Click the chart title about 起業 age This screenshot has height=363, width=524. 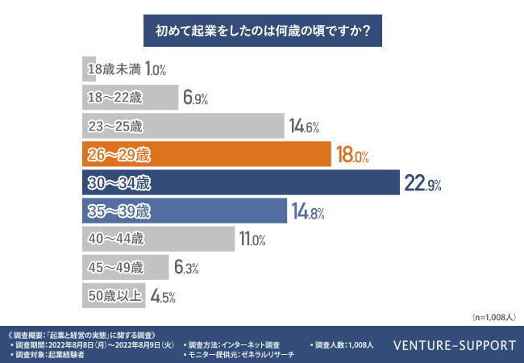(262, 33)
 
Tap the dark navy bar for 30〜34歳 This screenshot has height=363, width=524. (242, 183)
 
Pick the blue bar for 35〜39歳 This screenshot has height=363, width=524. (185, 212)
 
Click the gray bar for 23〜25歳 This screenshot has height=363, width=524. (185, 126)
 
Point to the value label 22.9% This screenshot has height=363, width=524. (422, 184)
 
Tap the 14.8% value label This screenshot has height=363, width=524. (306, 213)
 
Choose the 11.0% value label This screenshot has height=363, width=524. (255, 240)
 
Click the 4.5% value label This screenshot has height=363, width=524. (164, 296)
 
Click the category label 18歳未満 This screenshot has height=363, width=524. (114, 69)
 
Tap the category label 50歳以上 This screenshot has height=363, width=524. (114, 295)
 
